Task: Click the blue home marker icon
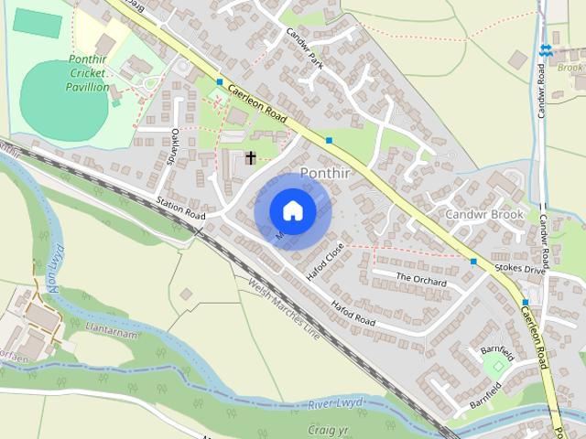[292, 210]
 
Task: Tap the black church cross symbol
[250, 158]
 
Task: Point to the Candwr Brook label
[484, 214]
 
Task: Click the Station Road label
[179, 208]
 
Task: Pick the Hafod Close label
[325, 261]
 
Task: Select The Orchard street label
[420, 277]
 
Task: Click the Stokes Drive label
[519, 269]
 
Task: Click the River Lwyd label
[335, 403]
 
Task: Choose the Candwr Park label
[305, 42]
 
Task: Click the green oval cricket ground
[64, 98]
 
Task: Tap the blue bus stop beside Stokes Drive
[473, 262]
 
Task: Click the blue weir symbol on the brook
[546, 51]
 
